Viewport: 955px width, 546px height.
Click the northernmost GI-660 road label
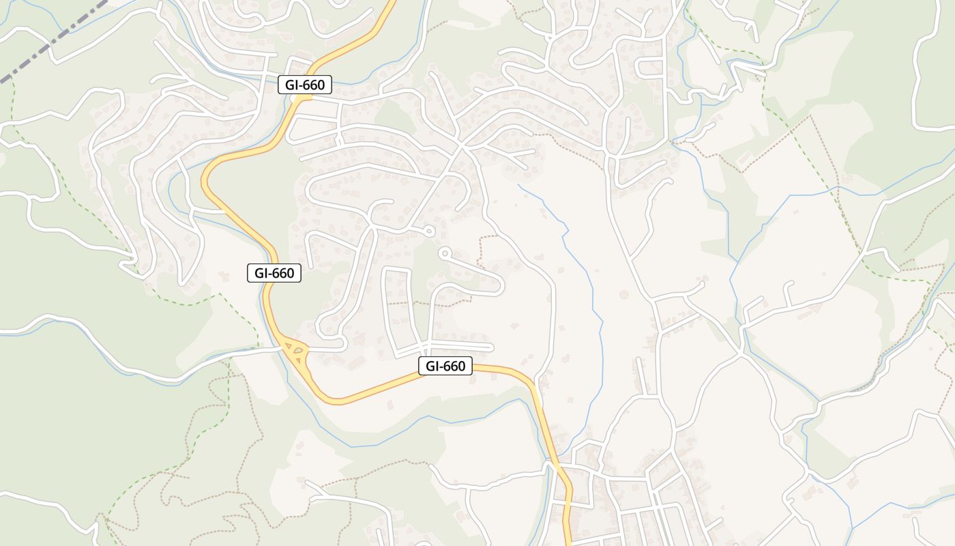coord(305,85)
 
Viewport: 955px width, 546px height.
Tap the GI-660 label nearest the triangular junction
coord(274,273)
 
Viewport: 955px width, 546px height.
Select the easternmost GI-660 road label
coord(445,367)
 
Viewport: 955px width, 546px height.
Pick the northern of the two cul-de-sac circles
coord(429,231)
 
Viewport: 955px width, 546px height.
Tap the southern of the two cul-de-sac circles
coord(445,254)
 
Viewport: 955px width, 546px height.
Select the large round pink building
coord(623,295)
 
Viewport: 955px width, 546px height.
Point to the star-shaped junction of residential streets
coord(462,145)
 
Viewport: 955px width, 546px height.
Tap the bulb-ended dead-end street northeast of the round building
coord(692,287)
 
